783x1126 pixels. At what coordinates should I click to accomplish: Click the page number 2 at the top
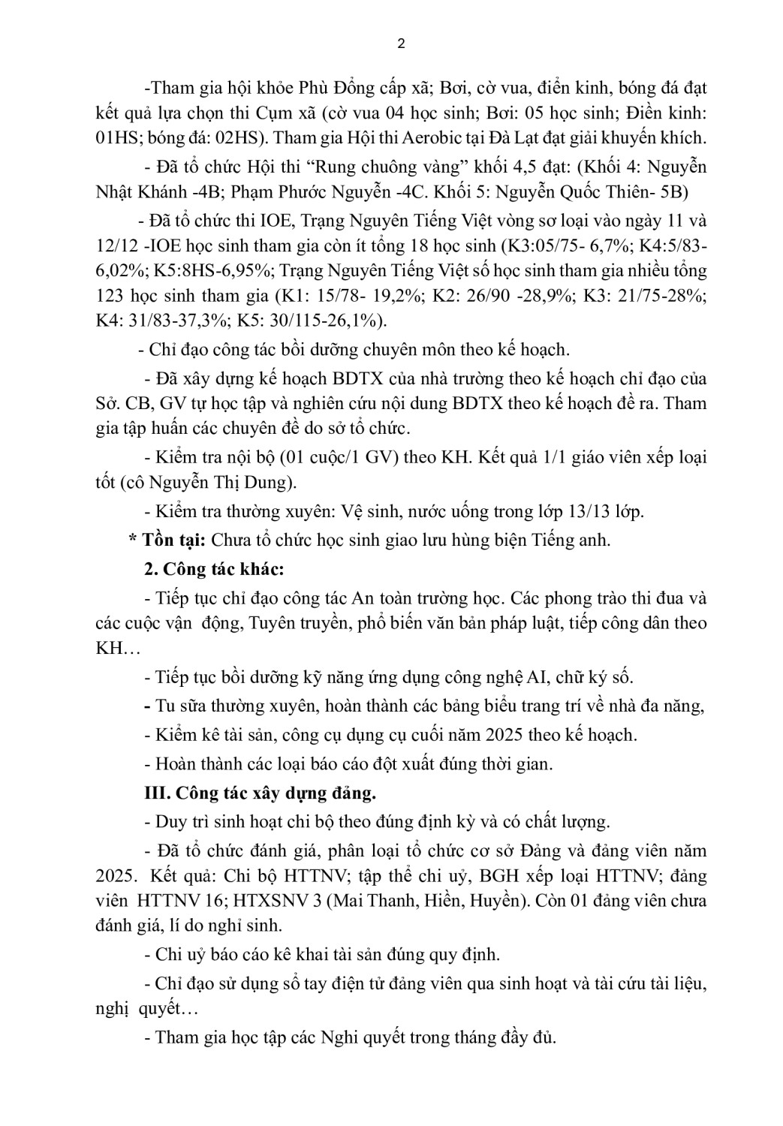tap(400, 44)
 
